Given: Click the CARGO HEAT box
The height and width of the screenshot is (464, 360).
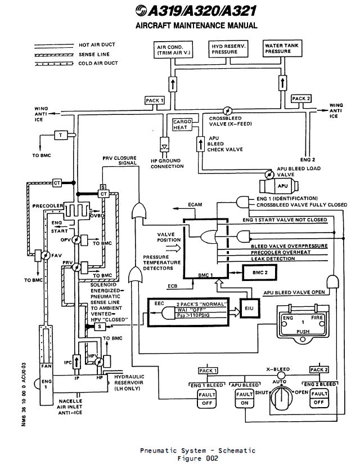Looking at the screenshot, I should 183,125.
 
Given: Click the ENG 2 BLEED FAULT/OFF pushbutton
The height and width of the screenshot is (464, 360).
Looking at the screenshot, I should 319,399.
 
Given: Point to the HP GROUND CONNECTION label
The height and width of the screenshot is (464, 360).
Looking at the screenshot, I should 168,164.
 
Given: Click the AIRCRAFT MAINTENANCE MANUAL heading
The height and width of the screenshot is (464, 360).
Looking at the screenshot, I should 196,25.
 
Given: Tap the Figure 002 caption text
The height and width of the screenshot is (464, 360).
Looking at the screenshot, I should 197,458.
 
